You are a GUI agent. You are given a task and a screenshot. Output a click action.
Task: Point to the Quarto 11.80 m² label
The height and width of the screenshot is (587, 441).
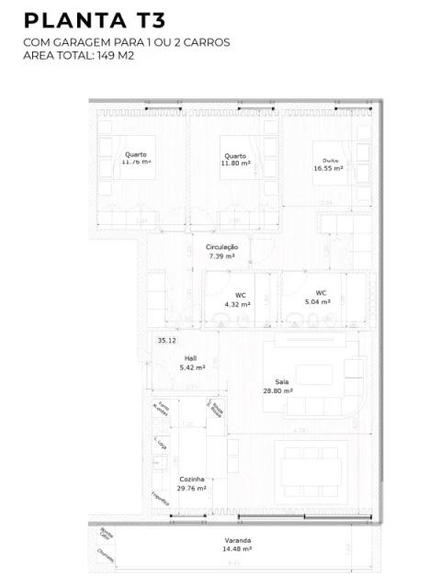click(235, 161)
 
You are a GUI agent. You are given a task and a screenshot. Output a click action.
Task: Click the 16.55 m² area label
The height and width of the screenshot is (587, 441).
click(328, 169)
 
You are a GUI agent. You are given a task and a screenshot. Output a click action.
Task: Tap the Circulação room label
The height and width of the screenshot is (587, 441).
click(222, 247)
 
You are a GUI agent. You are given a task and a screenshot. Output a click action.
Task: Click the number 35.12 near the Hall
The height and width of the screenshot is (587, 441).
click(166, 341)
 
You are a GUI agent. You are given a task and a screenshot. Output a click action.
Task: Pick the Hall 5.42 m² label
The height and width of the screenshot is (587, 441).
click(191, 363)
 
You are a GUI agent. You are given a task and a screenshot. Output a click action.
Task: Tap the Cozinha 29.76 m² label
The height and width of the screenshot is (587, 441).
click(192, 484)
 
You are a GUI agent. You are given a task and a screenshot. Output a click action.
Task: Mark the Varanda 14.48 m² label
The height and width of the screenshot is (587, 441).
click(237, 546)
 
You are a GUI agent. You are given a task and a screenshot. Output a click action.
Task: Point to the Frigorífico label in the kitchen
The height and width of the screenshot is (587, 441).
click(160, 499)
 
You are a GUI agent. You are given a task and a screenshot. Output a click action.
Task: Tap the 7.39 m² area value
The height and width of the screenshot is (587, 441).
click(222, 257)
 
